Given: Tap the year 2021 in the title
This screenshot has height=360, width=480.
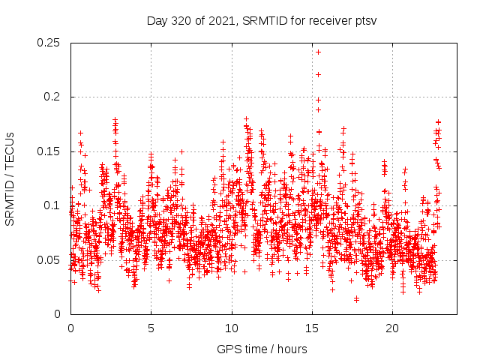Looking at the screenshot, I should point(221,20).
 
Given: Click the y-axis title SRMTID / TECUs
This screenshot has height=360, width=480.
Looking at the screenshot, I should point(10,178).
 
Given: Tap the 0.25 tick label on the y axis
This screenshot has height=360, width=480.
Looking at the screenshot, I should point(49,43).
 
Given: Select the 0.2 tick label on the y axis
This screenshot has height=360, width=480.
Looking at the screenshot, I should point(52,97).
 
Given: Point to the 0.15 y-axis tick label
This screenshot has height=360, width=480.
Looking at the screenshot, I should point(49,151).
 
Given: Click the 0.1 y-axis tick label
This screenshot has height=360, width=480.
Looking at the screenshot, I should point(52,205).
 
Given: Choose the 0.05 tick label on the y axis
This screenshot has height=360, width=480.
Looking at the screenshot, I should point(49,260).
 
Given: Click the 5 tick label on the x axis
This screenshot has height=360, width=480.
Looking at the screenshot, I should point(151,328).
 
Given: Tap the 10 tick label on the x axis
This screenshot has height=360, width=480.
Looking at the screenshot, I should point(232,328).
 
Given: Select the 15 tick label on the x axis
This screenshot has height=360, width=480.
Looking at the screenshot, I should point(312,328).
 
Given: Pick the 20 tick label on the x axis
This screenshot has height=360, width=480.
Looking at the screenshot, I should point(393,328).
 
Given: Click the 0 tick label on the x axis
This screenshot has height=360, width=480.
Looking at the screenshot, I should point(70,328).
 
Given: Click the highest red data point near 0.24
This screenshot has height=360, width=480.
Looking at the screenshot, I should point(319,52).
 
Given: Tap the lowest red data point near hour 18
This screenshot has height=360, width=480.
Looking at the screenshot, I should point(357,299).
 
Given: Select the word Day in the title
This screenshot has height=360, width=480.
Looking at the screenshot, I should point(157,20).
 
